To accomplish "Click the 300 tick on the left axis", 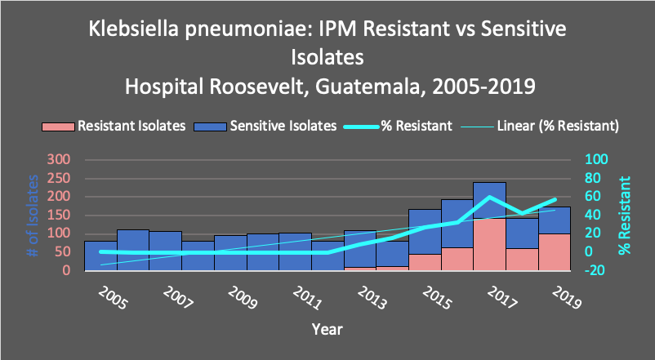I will tap(60, 159).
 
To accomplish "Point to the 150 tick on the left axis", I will tap(60, 215).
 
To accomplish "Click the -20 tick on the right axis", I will tap(598, 270).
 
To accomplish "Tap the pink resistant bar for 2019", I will tap(554, 252).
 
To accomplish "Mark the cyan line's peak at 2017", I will tap(489, 197).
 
